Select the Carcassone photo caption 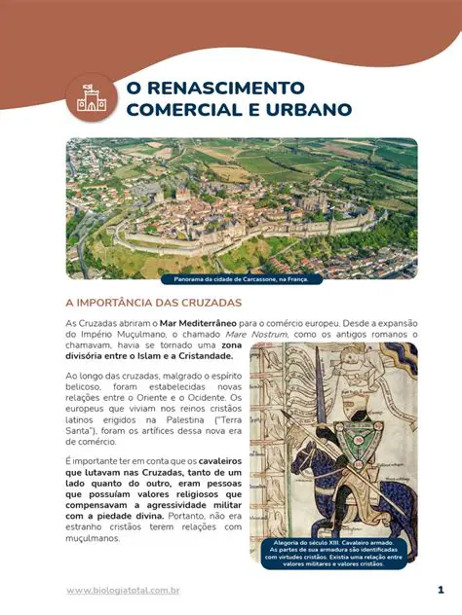[x=242, y=278]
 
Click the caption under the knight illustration [x=333, y=552]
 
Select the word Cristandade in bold [x=192, y=357]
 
